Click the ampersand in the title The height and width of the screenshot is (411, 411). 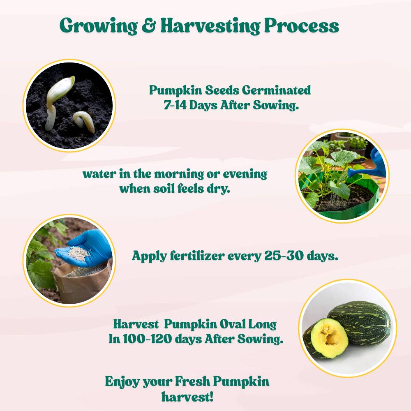(149, 26)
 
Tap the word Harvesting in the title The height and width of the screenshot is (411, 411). (210, 27)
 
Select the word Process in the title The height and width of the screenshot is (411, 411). (302, 26)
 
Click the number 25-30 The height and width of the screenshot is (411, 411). (282, 256)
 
